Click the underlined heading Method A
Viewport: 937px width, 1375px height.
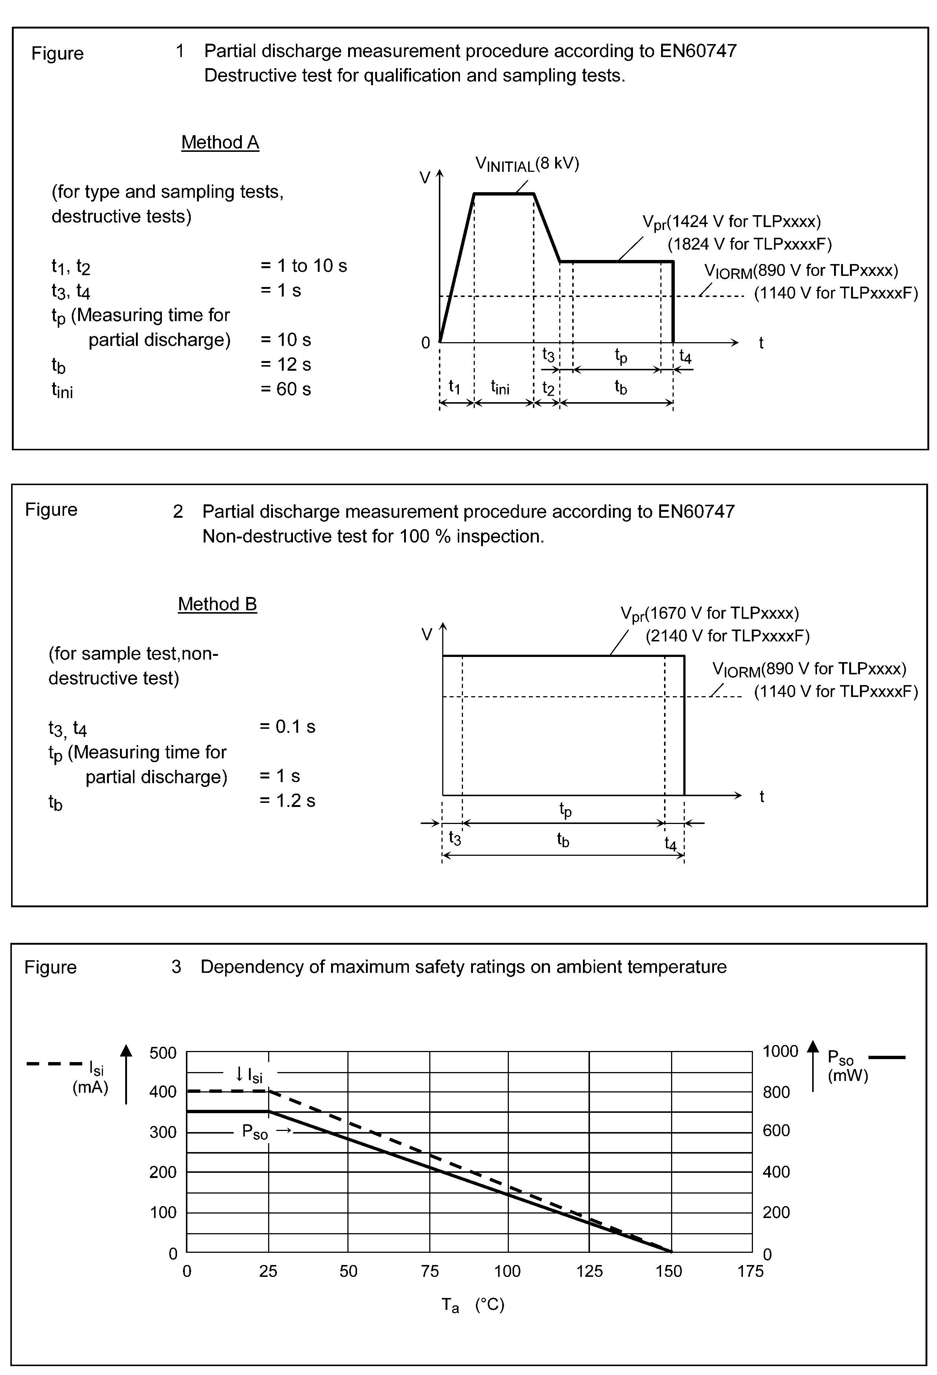[x=220, y=143]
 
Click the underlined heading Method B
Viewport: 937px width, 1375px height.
[x=217, y=604]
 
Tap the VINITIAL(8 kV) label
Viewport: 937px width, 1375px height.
[x=527, y=164]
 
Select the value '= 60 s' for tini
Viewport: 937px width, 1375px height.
[x=286, y=389]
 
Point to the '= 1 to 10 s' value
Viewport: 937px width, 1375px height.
[x=303, y=266]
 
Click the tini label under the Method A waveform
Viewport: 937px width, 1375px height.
[x=500, y=387]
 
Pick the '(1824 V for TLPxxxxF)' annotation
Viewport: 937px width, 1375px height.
[x=750, y=244]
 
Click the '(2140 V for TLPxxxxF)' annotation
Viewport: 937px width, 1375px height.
[x=727, y=636]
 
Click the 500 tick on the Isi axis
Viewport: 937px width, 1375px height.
[x=163, y=1053]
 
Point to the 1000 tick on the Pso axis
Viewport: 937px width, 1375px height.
[x=780, y=1051]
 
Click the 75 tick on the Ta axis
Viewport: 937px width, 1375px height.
[x=430, y=1271]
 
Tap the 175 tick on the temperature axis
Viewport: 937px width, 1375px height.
[x=750, y=1271]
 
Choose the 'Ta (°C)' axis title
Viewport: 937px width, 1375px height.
[x=473, y=1305]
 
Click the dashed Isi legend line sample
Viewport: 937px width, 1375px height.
[x=54, y=1064]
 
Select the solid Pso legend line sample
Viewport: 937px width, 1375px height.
[x=887, y=1057]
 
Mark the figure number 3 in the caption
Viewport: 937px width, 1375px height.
[x=176, y=967]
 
